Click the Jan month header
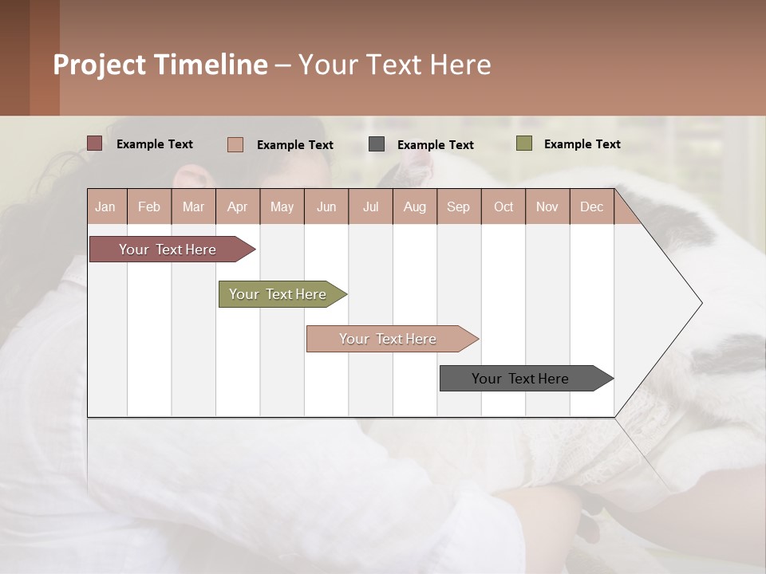(x=105, y=206)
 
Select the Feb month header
(x=149, y=206)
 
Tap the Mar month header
(x=193, y=206)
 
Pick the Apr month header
(x=237, y=206)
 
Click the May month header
(x=282, y=206)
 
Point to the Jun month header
(x=326, y=206)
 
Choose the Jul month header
(x=370, y=206)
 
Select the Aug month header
(x=414, y=206)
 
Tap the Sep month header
(x=458, y=206)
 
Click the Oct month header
(x=503, y=206)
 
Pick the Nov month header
(x=547, y=206)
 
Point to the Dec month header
(x=591, y=206)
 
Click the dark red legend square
(x=94, y=143)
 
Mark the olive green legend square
(x=524, y=143)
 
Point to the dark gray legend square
(x=377, y=143)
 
